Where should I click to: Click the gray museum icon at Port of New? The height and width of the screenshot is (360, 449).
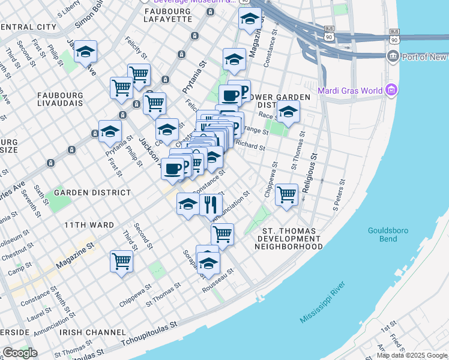point(393,57)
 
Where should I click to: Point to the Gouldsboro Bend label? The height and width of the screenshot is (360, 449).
point(388,234)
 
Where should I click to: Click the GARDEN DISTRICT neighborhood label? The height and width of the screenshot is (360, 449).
point(92,193)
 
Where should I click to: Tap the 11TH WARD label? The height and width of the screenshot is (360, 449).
point(89,225)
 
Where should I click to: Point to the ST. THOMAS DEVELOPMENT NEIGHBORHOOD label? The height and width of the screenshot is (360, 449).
point(293,238)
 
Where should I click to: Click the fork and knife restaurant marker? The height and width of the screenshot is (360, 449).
point(211,205)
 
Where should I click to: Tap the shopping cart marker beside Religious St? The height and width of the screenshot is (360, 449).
point(287,194)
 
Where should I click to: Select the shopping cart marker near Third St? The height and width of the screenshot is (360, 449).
point(121,261)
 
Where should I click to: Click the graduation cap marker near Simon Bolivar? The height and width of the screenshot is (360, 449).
point(86,52)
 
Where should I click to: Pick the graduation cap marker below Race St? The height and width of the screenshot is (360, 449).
point(288,112)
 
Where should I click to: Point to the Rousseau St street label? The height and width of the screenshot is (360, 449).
point(220,277)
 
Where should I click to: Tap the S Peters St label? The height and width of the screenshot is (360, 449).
point(339,196)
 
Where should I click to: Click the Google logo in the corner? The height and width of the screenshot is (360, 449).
point(20,353)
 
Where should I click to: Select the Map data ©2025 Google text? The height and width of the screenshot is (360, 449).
point(412,355)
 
